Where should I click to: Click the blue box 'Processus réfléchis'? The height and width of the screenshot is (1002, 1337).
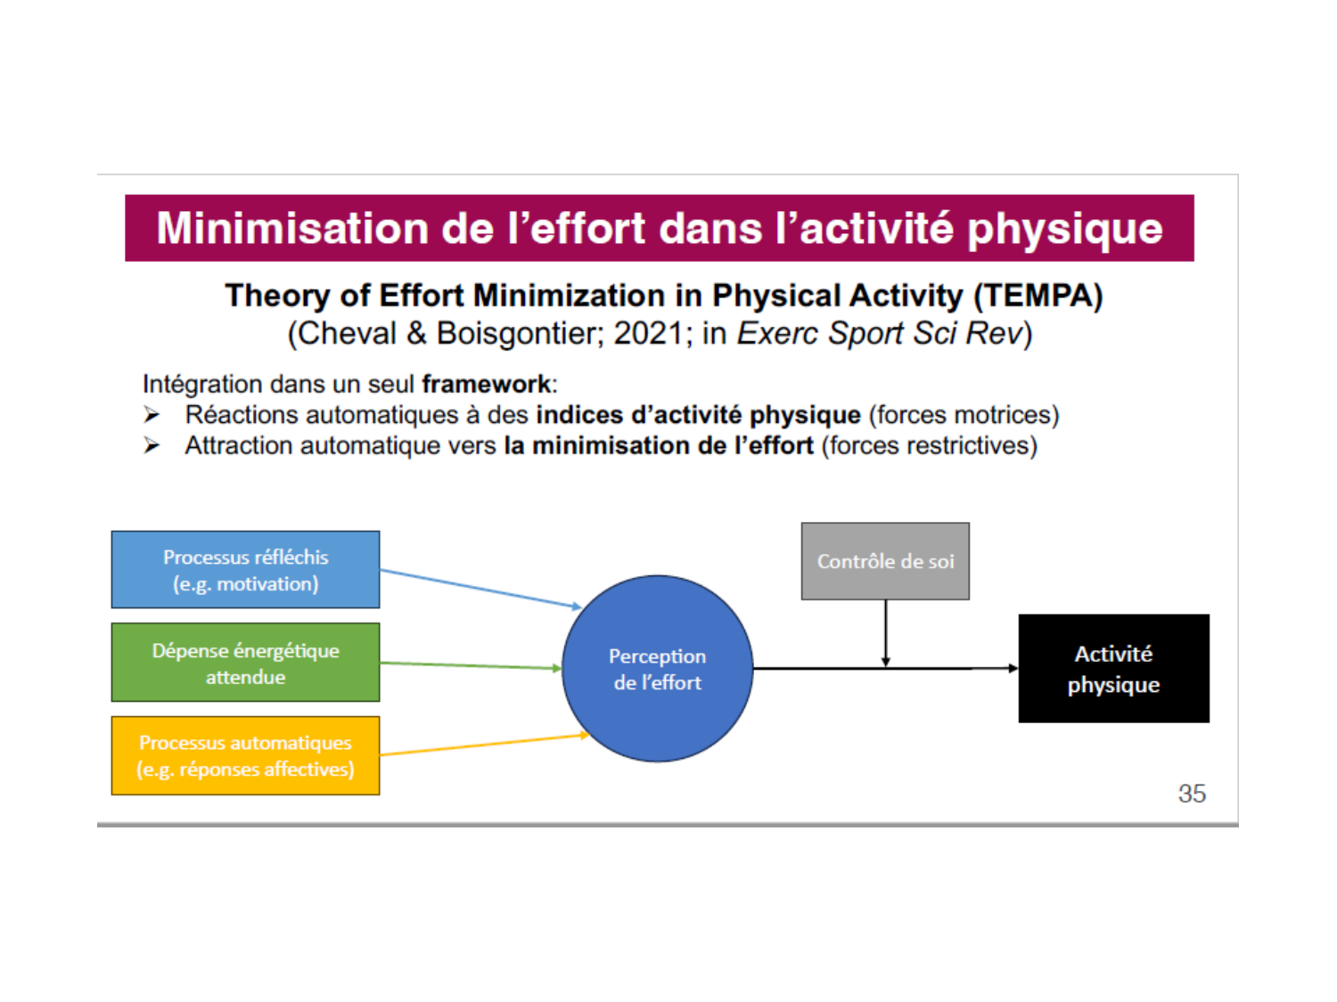(245, 569)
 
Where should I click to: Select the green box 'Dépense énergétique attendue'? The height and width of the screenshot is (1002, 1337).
(245, 662)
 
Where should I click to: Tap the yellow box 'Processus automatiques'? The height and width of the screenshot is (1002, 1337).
(245, 755)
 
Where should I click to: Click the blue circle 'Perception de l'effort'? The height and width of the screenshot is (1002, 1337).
(657, 668)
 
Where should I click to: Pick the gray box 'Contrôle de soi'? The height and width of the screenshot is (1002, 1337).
(885, 561)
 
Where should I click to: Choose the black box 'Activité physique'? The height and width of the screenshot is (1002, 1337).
(1113, 668)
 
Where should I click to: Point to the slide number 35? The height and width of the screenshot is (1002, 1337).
(1192, 794)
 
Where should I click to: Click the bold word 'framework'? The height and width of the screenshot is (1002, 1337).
(486, 385)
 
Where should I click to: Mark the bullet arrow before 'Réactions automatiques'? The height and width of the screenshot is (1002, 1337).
(151, 415)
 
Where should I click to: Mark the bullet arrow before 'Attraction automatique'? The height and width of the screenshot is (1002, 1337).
(151, 445)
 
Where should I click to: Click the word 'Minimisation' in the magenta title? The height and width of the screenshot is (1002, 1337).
(292, 228)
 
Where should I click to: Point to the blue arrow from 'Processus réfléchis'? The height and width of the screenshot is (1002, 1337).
(480, 589)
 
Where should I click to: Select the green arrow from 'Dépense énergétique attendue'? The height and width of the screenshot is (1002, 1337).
(471, 665)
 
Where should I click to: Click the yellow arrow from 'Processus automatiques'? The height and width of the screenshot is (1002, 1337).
(484, 745)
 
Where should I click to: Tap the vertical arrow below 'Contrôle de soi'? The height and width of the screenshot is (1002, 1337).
(886, 632)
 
